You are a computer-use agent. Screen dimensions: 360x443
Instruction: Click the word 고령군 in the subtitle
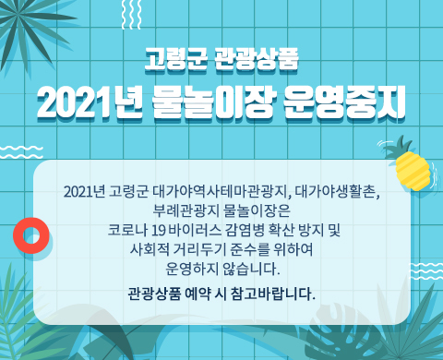[x=176, y=63]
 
